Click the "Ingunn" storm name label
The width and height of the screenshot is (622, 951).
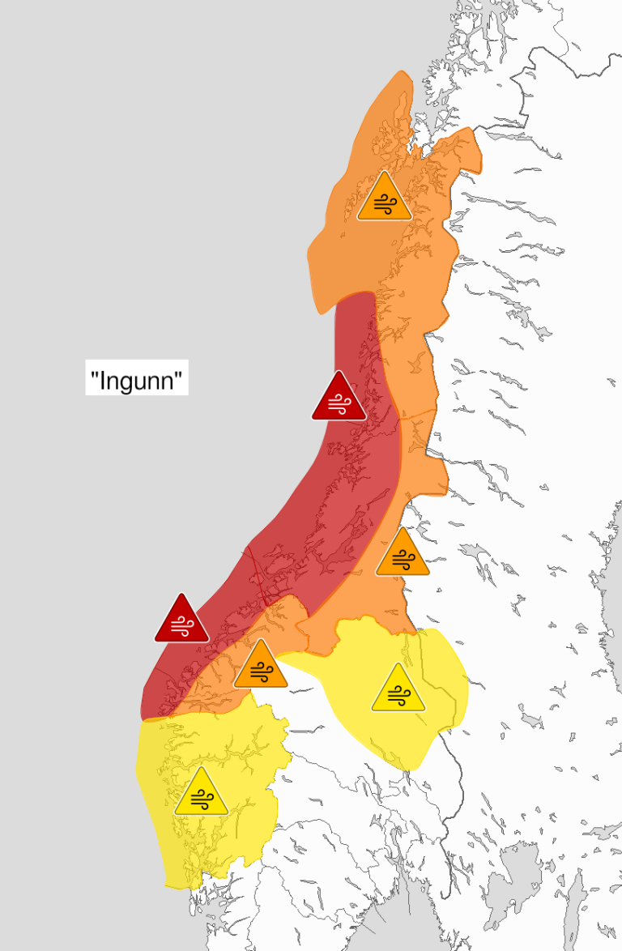[x=137, y=378]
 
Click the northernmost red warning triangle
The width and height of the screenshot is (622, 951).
[x=339, y=399]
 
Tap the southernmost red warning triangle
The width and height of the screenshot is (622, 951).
[x=181, y=620]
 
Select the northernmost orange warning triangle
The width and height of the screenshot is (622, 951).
[x=385, y=198]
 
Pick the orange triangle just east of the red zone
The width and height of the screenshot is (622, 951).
[x=403, y=555]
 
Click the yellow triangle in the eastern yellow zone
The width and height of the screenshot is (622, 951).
[x=398, y=691]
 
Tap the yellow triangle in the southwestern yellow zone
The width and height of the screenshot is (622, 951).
[x=201, y=795]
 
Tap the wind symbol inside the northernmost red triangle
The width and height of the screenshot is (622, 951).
[x=339, y=403]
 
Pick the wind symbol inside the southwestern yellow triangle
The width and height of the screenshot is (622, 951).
[x=201, y=800]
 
